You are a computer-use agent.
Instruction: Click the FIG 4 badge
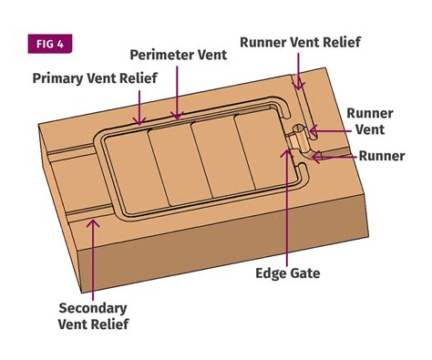50,44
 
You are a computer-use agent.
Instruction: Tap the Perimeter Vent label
179,55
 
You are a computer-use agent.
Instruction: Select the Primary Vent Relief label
95,78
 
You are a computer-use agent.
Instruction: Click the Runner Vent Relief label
300,42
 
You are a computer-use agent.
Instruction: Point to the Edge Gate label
288,273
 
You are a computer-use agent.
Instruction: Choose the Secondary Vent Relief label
93,316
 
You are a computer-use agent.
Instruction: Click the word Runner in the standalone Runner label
382,156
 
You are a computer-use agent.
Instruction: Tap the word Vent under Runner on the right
370,129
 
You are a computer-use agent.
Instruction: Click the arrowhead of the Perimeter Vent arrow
177,116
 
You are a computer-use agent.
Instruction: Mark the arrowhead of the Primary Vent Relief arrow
139,121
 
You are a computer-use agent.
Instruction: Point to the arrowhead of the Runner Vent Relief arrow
299,84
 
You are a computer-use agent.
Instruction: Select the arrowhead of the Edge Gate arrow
287,153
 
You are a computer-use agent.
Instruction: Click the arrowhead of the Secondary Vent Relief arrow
93,224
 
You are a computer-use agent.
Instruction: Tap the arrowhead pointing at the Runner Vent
313,131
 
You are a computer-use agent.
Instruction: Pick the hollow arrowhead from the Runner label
317,157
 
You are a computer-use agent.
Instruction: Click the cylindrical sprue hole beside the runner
299,129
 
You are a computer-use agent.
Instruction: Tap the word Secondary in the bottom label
93,308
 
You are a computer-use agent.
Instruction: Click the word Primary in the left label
57,78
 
